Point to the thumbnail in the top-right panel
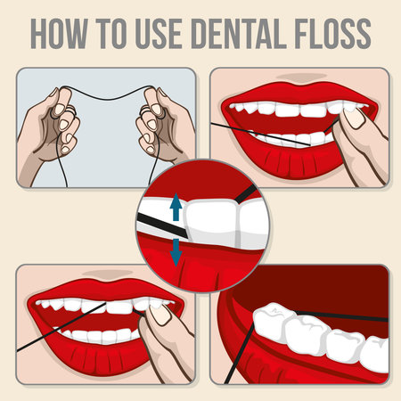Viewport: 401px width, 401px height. [355, 116]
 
